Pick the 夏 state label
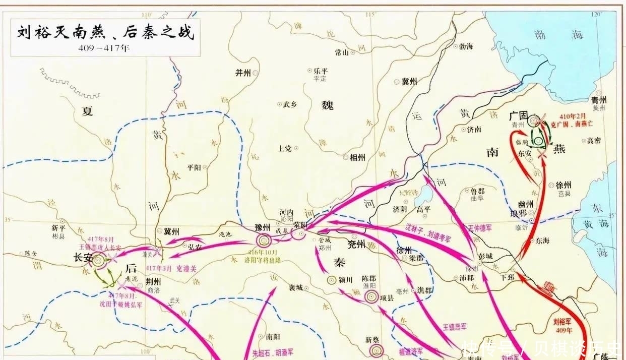88,111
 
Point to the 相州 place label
357,157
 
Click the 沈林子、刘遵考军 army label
427,231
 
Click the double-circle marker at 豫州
263,241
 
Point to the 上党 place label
285,148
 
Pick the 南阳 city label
273,336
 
